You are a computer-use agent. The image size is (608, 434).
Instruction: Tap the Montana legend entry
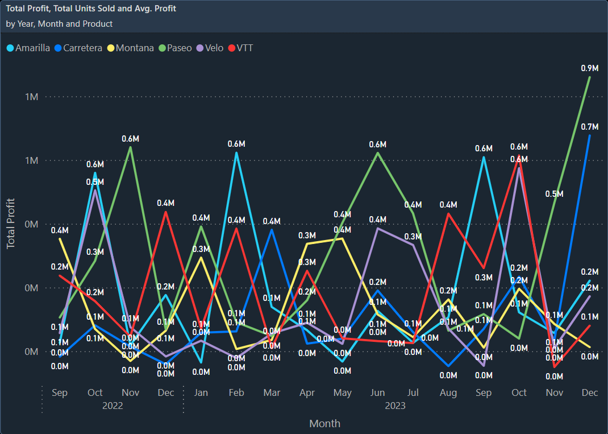coord(134,48)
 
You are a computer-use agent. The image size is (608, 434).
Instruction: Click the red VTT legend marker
coord(231,48)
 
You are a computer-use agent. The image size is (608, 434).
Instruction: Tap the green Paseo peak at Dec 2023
coord(589,77)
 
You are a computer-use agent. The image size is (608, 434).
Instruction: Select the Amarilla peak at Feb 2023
coord(236,152)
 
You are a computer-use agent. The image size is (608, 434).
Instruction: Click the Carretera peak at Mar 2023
coord(272,229)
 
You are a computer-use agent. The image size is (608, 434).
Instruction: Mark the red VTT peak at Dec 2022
coord(165,212)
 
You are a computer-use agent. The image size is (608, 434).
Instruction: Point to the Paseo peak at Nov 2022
coord(131,147)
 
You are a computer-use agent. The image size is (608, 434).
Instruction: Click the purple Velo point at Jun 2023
coord(377,228)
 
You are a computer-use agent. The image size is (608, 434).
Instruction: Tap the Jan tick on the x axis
coord(201,392)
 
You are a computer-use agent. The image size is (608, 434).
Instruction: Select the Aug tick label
coord(448,392)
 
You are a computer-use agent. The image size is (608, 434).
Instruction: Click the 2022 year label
coord(113,406)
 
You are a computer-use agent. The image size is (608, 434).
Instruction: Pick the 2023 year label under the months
coord(395,406)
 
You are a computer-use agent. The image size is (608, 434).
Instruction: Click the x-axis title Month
coord(324,423)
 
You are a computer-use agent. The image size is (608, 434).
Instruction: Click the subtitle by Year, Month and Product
coord(59,24)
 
